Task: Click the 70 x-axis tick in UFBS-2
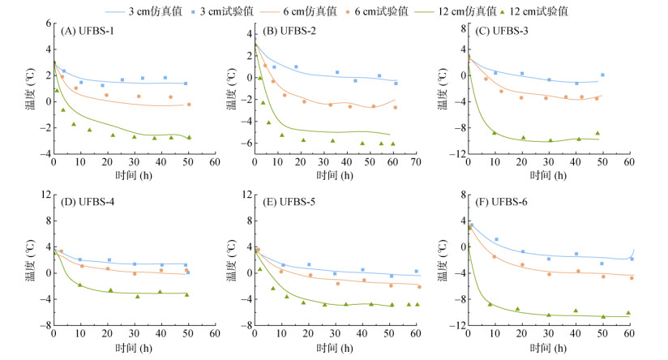(x=415, y=162)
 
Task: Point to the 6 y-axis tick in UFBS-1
(x=47, y=24)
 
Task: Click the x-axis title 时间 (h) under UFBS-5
(x=335, y=349)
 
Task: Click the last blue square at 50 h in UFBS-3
(x=602, y=75)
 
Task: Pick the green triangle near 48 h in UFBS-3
(x=597, y=133)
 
